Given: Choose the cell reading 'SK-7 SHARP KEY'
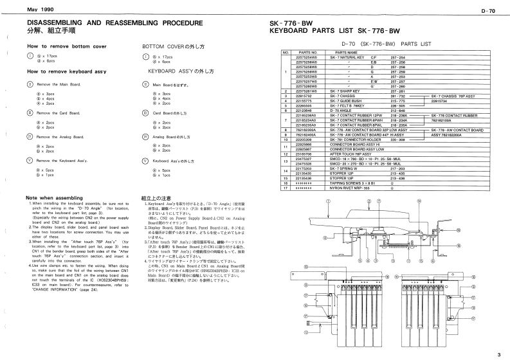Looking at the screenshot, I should pyautogui.click(x=347, y=92).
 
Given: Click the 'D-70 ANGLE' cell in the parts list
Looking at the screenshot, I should pyautogui.click(x=343, y=109).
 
